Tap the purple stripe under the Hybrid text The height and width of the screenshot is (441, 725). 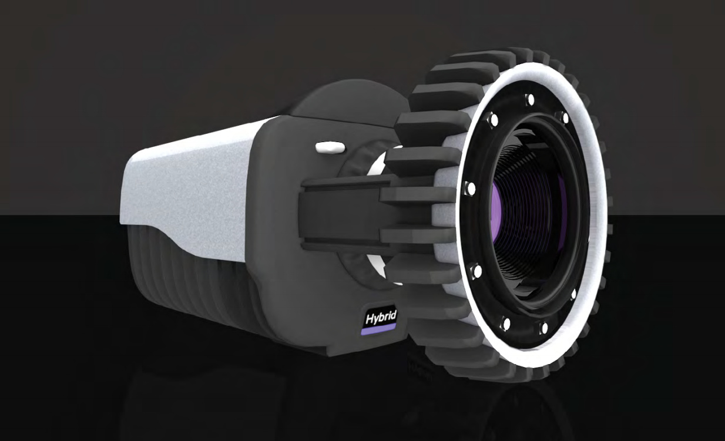[x=378, y=330]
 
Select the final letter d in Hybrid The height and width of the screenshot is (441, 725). [x=393, y=315]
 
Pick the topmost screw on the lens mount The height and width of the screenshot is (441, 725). [x=530, y=99]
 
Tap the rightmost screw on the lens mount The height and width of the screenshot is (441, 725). [x=573, y=294]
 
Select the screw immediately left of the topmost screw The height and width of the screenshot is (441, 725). [x=494, y=120]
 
